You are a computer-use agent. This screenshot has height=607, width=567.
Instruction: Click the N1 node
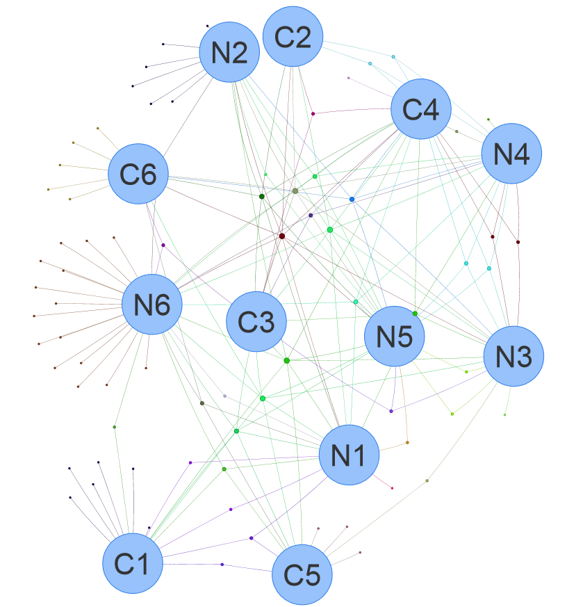tap(350, 455)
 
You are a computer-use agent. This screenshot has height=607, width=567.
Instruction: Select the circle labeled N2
tap(230, 52)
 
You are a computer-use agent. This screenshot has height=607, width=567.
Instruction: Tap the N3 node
tap(513, 356)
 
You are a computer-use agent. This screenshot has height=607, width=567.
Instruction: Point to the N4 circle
tap(511, 154)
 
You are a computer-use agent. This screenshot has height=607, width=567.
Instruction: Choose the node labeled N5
tap(395, 337)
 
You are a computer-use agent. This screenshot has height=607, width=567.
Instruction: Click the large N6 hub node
tap(152, 305)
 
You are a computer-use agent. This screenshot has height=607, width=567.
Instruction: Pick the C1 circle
tap(133, 564)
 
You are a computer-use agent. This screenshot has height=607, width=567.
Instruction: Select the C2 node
tap(293, 37)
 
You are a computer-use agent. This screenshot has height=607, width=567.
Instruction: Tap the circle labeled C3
tap(256, 321)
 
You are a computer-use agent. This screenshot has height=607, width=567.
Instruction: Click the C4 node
tap(421, 109)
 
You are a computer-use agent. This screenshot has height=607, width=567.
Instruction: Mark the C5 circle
tap(302, 574)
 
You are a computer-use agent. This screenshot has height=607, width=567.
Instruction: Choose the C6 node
tap(138, 174)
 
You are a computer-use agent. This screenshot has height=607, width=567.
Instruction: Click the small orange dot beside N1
tap(407, 442)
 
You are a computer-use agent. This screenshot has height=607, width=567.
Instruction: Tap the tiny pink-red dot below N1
tap(392, 488)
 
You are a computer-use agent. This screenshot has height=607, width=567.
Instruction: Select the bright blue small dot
tap(352, 200)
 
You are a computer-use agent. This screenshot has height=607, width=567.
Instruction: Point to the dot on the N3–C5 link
tap(427, 480)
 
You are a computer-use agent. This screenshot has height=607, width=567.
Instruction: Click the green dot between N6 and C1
tap(115, 427)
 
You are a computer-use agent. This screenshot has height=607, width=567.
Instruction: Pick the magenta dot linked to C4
tap(313, 113)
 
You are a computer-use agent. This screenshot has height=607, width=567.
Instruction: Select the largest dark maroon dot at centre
tap(281, 236)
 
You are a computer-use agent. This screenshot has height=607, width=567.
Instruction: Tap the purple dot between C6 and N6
tap(163, 245)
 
